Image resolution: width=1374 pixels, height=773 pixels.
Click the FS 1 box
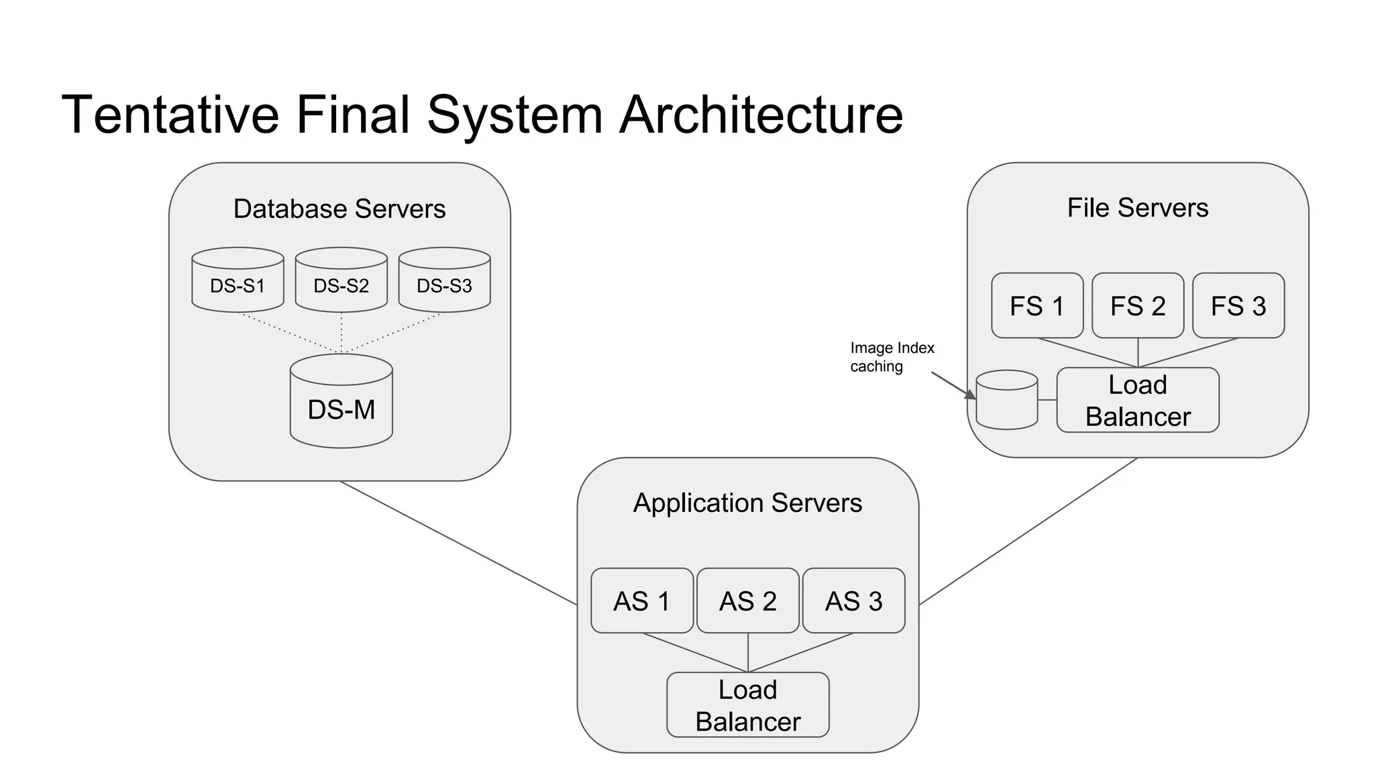tap(1037, 305)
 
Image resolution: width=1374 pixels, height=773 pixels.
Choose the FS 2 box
tap(1137, 305)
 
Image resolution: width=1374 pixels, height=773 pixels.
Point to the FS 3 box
tap(1238, 305)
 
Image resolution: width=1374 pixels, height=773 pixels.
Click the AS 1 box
tap(641, 601)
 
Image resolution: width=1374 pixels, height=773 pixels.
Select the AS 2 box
tap(747, 601)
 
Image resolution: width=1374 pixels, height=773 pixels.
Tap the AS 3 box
tap(853, 601)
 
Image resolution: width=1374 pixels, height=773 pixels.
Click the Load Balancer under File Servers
tap(1137, 400)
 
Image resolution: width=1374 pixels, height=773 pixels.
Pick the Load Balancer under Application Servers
tap(747, 705)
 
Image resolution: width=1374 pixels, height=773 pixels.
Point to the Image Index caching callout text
tap(891, 357)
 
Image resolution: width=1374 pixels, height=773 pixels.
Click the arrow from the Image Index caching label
tap(953, 385)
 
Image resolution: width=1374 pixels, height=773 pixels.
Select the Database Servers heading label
tap(339, 209)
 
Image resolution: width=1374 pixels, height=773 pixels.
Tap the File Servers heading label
tap(1137, 208)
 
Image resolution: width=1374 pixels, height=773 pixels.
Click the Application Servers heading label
tap(747, 503)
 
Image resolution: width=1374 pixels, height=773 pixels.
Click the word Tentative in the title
tap(170, 114)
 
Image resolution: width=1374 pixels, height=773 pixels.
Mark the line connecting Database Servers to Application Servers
tap(458, 543)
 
